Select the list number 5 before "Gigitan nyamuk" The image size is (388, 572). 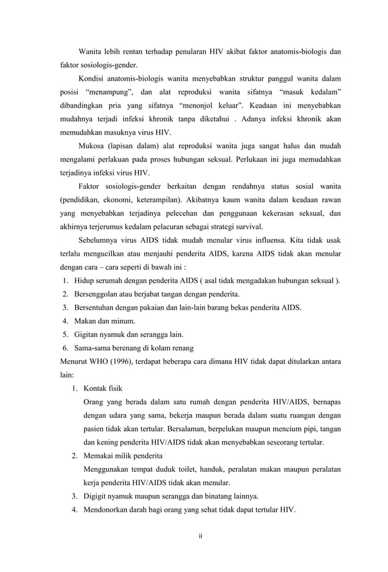click(x=64, y=334)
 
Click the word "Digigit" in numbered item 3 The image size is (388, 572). click(x=97, y=495)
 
